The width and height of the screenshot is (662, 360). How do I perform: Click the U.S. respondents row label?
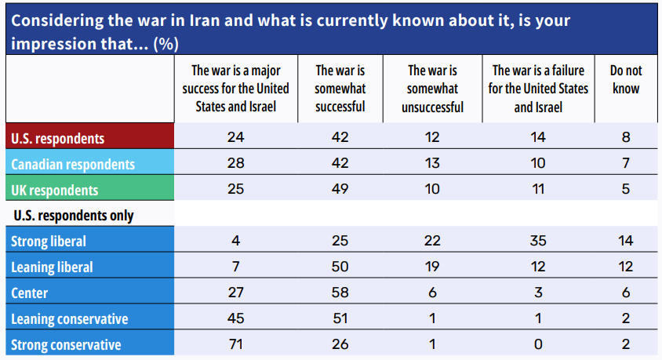pyautogui.click(x=57, y=138)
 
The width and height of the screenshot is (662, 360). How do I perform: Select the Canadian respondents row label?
pyautogui.click(x=72, y=164)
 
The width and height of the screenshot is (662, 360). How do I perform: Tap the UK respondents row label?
pyautogui.click(x=54, y=190)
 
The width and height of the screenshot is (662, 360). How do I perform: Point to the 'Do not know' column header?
pyautogui.click(x=625, y=79)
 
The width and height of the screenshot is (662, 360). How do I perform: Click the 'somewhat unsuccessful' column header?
pyautogui.click(x=432, y=88)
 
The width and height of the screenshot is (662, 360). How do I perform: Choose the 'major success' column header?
pyautogui.click(x=236, y=88)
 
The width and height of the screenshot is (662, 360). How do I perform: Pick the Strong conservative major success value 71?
pyautogui.click(x=236, y=344)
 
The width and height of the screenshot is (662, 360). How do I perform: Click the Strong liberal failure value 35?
pyautogui.click(x=538, y=241)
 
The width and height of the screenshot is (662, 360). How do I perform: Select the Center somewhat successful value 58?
pyautogui.click(x=340, y=293)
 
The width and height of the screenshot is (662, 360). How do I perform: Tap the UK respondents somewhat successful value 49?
pyautogui.click(x=340, y=190)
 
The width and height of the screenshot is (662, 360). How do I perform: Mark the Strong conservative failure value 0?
pyautogui.click(x=538, y=344)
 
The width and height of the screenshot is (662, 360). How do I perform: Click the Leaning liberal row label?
pyautogui.click(x=52, y=267)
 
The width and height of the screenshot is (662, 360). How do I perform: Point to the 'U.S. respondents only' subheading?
pyautogui.click(x=72, y=215)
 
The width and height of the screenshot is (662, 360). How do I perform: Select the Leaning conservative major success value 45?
pyautogui.click(x=236, y=318)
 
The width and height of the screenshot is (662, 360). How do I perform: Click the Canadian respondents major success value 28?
pyautogui.click(x=236, y=164)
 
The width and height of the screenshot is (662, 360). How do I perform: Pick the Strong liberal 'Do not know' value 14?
pyautogui.click(x=625, y=241)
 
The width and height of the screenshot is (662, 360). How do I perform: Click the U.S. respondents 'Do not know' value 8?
pyautogui.click(x=625, y=138)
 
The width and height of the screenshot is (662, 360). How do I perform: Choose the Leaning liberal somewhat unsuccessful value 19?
pyautogui.click(x=432, y=267)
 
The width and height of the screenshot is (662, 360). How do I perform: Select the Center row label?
pyautogui.click(x=30, y=293)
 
